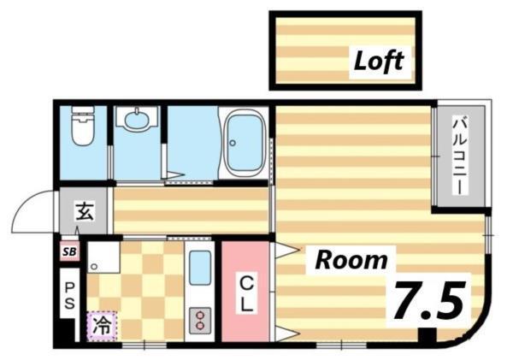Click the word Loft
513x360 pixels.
pyautogui.click(x=379, y=62)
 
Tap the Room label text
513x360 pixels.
pyautogui.click(x=351, y=260)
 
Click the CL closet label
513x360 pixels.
pyautogui.click(x=245, y=292)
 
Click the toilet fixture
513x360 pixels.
pyautogui.click(x=81, y=127)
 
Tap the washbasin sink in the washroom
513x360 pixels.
pyautogui.click(x=135, y=120)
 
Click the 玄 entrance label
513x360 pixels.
pyautogui.click(x=83, y=210)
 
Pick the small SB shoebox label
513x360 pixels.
pyautogui.click(x=68, y=251)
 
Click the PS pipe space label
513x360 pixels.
pyautogui.click(x=68, y=293)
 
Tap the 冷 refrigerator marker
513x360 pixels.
pyautogui.click(x=101, y=325)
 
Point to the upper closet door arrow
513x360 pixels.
pyautogui.click(x=284, y=251)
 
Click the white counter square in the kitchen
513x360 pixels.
pyautogui.click(x=103, y=257)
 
